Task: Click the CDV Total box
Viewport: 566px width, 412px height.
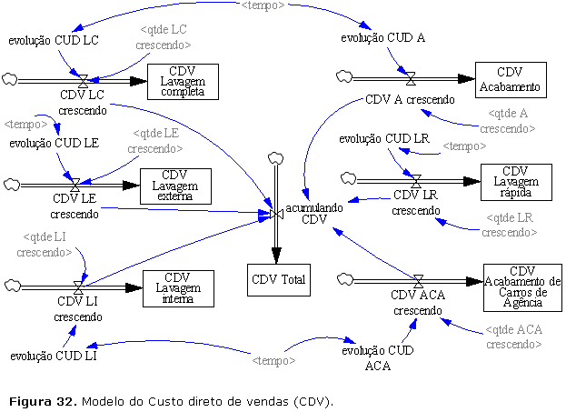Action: point(279,279)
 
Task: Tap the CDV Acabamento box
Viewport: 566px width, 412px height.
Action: point(511,79)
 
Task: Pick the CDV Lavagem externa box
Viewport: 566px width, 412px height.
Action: point(174,186)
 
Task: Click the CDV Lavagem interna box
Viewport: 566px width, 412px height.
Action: point(178,288)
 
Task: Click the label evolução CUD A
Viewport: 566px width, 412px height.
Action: point(383,38)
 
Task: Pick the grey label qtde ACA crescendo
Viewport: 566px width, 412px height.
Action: point(514,337)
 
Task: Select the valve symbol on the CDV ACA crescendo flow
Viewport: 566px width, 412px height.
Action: point(418,280)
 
